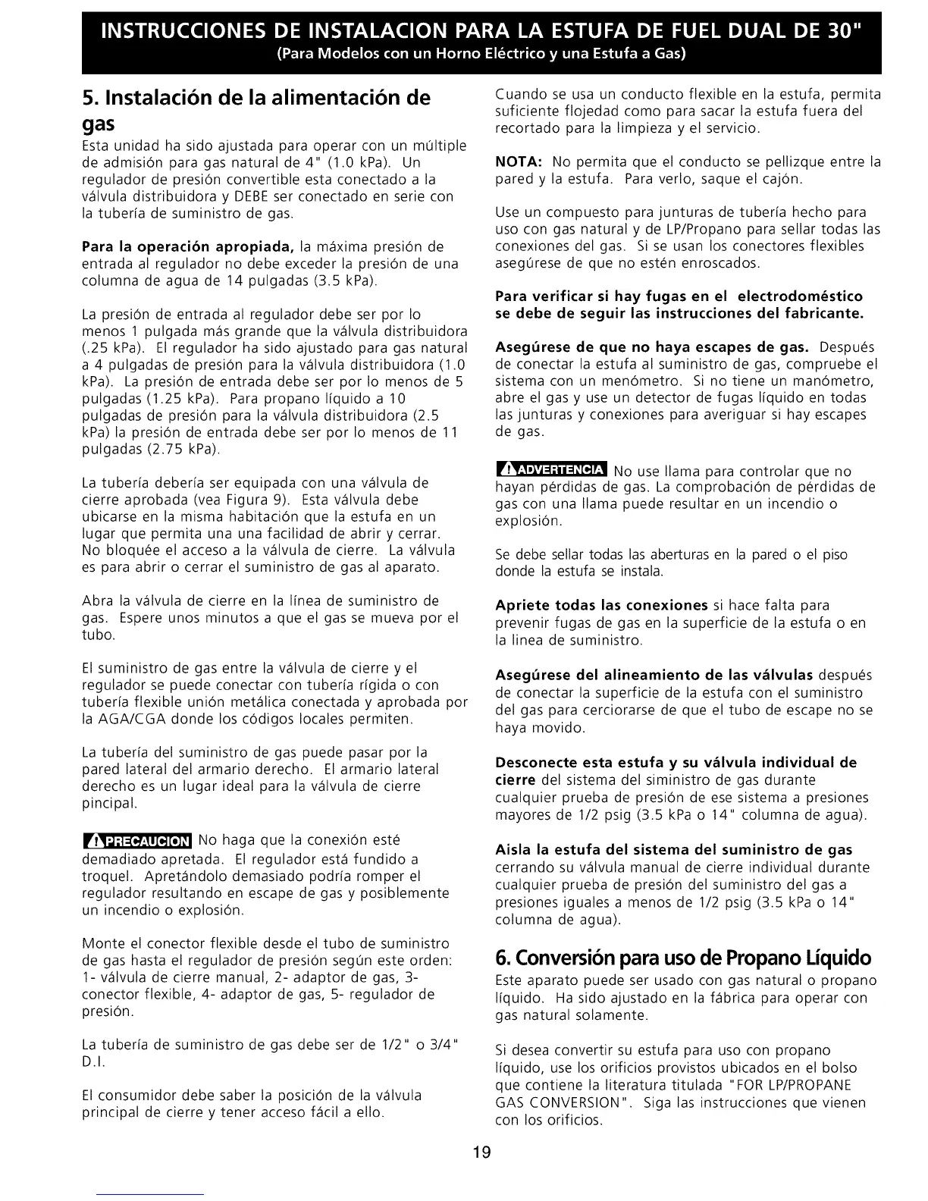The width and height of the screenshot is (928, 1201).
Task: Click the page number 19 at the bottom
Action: [481, 1154]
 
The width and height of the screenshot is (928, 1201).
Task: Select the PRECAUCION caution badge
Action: [137, 841]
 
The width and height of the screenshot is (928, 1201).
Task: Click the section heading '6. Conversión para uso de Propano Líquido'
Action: [682, 957]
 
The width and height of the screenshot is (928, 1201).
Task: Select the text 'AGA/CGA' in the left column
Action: [125, 719]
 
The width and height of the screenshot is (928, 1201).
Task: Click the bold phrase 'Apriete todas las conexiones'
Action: [601, 605]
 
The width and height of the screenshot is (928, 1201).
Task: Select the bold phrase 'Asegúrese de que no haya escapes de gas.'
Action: [651, 347]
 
